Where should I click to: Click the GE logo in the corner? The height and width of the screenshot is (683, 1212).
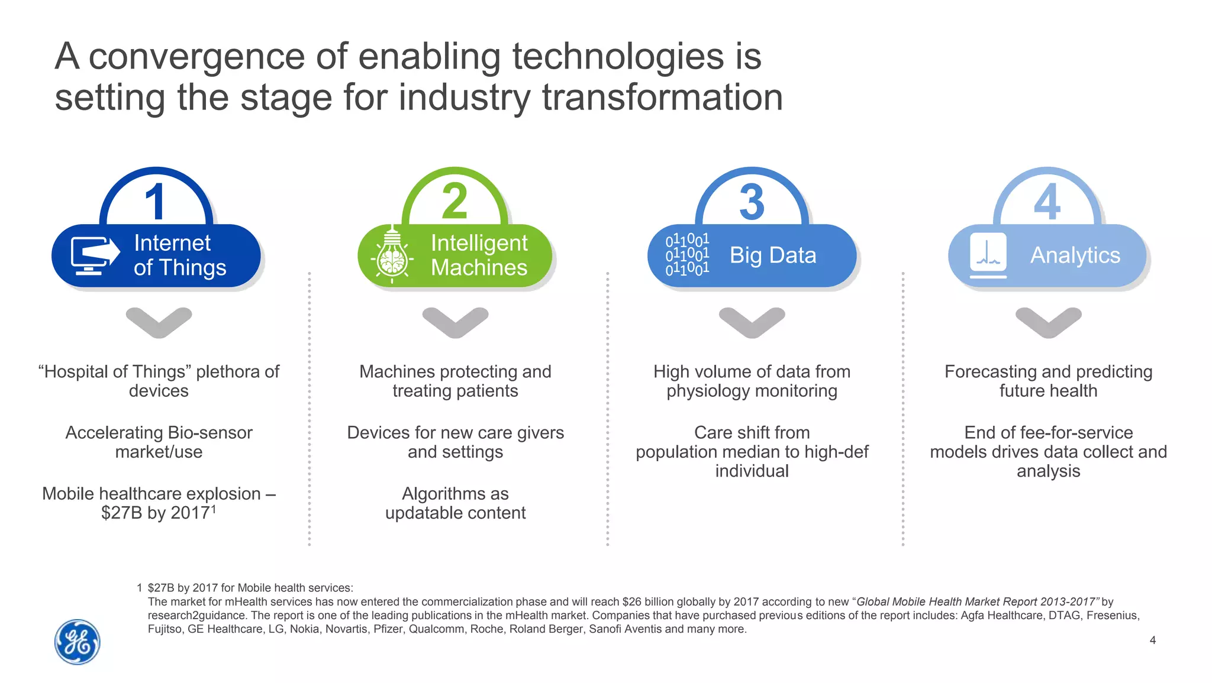click(x=77, y=642)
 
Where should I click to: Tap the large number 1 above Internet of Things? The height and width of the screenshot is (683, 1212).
click(x=156, y=202)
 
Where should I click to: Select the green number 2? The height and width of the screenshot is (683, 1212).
click(x=454, y=202)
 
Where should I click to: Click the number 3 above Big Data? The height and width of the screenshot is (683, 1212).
click(x=752, y=202)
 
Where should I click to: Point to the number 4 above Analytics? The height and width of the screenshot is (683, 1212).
click(x=1047, y=202)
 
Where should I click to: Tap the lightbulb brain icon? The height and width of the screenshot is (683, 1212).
click(x=392, y=255)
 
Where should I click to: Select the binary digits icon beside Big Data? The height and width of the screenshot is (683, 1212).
click(x=686, y=255)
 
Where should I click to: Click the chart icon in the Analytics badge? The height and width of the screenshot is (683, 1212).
click(x=988, y=255)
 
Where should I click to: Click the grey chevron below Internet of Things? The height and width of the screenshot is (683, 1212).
click(x=159, y=322)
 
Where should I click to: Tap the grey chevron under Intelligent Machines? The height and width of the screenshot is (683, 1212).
click(x=455, y=322)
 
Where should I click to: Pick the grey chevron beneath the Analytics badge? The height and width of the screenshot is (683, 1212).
click(x=1048, y=322)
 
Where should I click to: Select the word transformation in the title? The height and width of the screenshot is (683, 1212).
click(x=662, y=98)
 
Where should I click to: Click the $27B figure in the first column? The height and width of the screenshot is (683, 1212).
click(x=122, y=513)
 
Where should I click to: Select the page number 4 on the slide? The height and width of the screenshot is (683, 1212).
click(x=1152, y=640)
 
